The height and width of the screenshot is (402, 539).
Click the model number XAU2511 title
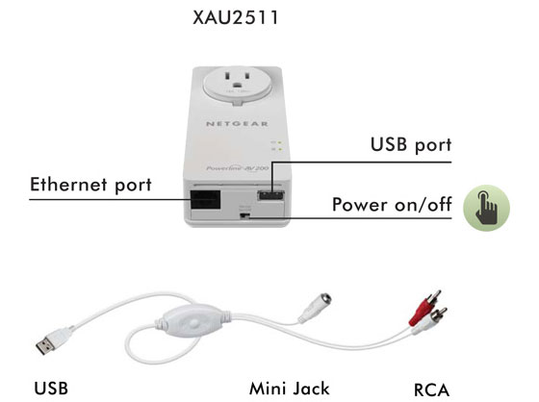[235, 17]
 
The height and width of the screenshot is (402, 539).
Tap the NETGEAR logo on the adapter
[237, 124]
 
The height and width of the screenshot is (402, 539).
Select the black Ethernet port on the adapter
[206, 200]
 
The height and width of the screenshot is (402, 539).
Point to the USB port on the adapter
[270, 196]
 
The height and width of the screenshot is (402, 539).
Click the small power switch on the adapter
[244, 216]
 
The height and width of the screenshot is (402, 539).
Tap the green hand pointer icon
[486, 208]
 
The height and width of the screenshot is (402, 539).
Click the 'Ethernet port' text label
[90, 185]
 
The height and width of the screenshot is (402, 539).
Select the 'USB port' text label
[411, 144]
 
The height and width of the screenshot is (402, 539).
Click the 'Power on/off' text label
[392, 205]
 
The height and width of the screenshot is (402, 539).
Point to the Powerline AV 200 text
[238, 168]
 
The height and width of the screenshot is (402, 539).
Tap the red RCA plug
[424, 308]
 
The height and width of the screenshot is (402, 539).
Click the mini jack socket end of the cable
[315, 308]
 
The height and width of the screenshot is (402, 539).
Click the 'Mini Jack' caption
[290, 389]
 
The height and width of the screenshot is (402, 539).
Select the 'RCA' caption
[431, 389]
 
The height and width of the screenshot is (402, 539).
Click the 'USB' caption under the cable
[51, 389]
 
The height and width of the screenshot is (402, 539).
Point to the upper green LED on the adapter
[280, 142]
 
